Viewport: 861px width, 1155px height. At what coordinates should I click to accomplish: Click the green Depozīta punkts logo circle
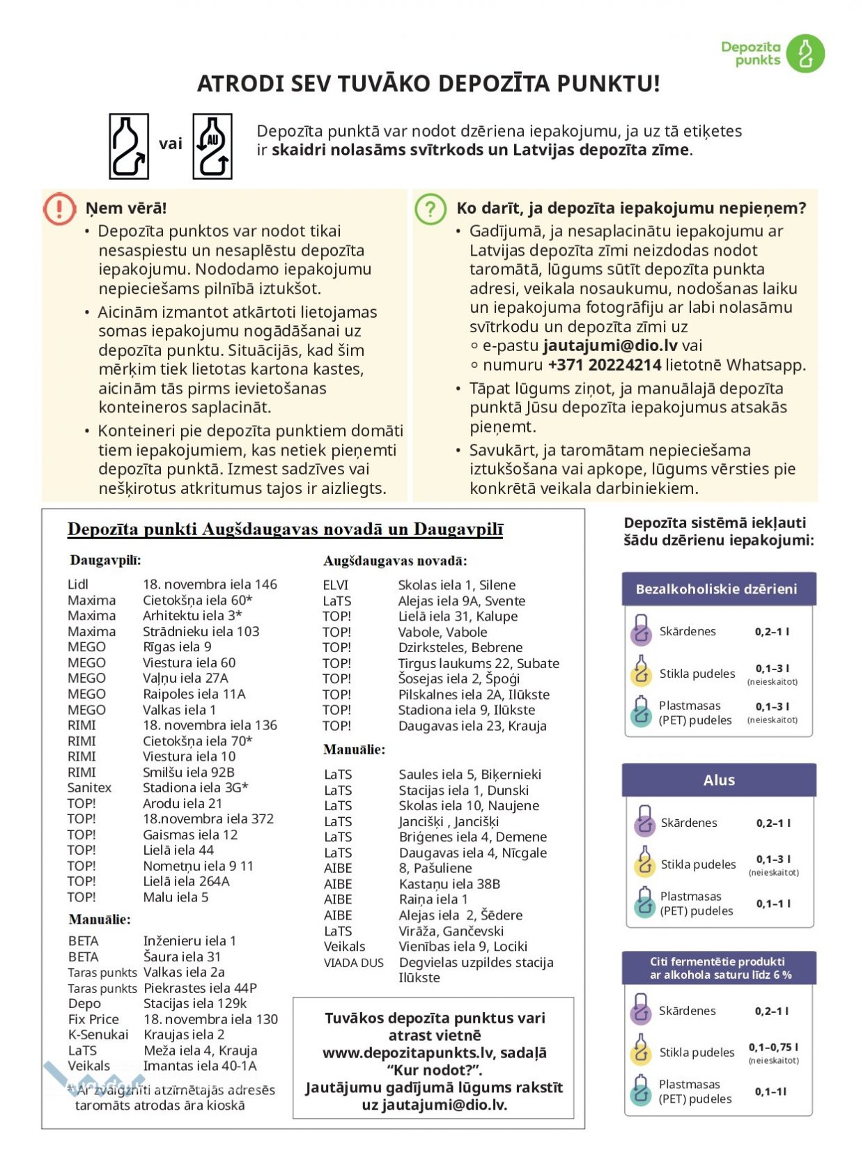[x=805, y=54]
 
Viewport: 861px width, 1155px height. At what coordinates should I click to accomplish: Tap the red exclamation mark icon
[x=59, y=208]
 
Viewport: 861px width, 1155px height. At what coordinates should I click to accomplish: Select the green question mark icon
[x=430, y=208]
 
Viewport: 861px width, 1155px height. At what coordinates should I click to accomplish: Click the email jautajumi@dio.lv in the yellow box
[x=610, y=346]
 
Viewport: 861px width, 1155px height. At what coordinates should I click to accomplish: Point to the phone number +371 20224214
[x=604, y=365]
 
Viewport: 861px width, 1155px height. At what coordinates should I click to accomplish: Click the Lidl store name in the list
[x=78, y=584]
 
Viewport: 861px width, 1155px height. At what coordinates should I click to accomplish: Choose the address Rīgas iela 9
[x=177, y=647]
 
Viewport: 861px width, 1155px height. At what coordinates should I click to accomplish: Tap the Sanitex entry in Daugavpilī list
[x=89, y=788]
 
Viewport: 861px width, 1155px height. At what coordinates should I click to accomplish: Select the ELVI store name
[x=336, y=585]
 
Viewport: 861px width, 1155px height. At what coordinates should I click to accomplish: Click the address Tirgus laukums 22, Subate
[x=479, y=663]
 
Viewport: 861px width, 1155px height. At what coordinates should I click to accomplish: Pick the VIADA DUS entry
[x=354, y=963]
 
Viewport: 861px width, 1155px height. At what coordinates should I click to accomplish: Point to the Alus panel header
[x=718, y=780]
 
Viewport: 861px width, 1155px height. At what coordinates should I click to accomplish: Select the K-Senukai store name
[x=98, y=1035]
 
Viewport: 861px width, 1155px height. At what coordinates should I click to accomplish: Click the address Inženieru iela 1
[x=189, y=941]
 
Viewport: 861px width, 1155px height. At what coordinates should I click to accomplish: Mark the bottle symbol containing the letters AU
[x=212, y=146]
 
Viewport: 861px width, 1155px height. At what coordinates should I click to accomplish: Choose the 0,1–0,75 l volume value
[x=773, y=1047]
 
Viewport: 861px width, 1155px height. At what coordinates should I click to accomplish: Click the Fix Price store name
[x=93, y=1019]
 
